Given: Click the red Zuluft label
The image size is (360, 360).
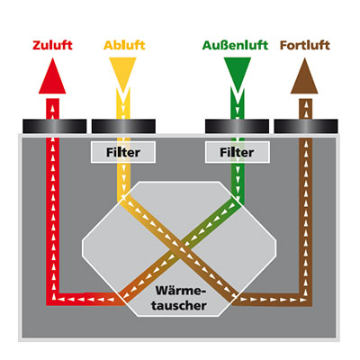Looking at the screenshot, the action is point(52,45).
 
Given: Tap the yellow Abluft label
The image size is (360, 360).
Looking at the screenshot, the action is point(124,45).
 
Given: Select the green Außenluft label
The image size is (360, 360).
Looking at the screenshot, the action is point(235,45).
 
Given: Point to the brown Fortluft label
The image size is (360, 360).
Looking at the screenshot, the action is point(305,45).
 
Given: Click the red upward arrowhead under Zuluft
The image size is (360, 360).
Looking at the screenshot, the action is point(52,76).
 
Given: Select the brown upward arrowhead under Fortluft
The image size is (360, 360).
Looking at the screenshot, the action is point(304,76).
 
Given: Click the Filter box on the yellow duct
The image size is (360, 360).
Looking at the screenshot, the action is point(123,152).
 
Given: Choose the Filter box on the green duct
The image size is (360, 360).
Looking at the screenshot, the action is point(237,152).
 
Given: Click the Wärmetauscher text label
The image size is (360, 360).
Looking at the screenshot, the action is point(179,298).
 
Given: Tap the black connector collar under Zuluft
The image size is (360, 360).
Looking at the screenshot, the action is point(55,126).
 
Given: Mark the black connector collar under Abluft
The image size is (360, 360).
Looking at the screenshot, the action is point(123,126).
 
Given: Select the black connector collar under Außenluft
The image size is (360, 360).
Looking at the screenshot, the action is point(237,126).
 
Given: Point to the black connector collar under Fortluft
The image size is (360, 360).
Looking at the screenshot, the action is point(306,126).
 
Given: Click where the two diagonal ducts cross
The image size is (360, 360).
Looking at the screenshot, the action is point(180,248).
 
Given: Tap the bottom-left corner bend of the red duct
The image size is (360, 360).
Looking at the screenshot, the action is point(53,299).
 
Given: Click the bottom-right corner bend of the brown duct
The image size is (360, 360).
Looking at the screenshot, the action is point(306,299).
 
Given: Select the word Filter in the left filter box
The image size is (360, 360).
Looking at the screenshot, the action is point(123,152).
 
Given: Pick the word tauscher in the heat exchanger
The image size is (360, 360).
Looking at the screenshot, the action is point(179,306).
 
